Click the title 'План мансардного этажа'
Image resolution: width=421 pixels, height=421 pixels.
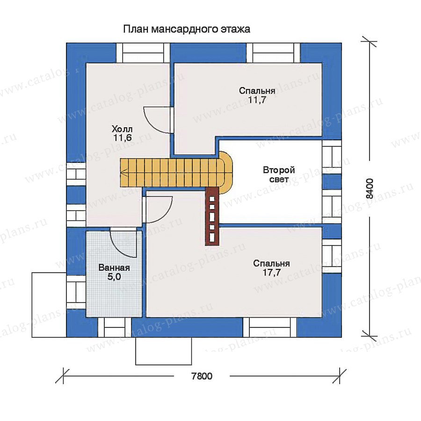[x=187, y=29]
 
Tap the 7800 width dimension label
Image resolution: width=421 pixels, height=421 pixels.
[x=202, y=376]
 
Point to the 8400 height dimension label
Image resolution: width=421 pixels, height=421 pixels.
[x=370, y=188]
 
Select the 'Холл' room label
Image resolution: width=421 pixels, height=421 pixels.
[x=122, y=129]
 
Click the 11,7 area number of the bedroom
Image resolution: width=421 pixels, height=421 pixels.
[x=257, y=100]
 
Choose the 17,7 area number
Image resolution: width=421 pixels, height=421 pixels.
[x=271, y=273]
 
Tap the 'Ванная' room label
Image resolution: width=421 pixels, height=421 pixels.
[x=114, y=268]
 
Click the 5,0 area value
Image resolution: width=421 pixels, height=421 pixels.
[x=114, y=277]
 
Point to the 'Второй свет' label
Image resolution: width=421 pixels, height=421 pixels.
[x=279, y=174]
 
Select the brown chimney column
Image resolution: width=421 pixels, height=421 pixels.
[x=212, y=216]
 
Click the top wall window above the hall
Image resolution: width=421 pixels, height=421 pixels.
[x=143, y=53]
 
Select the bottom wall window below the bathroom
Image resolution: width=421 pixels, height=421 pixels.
[x=115, y=327]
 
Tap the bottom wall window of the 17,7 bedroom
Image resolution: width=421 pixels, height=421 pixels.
[x=270, y=327]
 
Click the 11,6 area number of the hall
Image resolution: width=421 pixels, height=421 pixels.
[x=122, y=138]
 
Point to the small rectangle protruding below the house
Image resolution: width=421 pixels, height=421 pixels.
[x=164, y=351]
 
